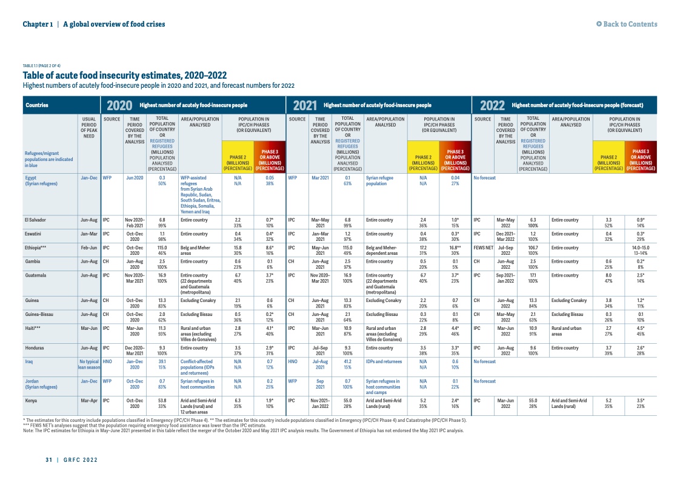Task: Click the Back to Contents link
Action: pos(627,24)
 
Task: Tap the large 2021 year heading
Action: pos(305,105)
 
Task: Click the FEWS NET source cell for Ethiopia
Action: pos(483,248)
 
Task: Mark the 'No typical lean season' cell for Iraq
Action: pos(88,365)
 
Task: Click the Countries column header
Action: pos(37,105)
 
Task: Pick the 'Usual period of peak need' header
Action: pos(88,128)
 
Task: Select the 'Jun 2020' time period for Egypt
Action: pos(135,178)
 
